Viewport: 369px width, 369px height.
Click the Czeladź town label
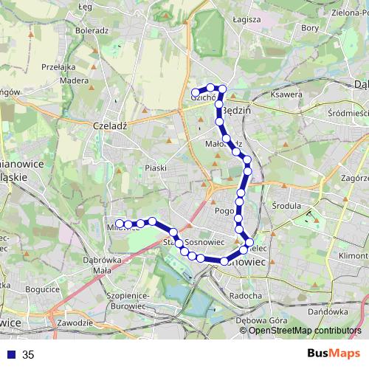point(111,125)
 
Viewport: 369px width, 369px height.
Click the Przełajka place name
point(60,66)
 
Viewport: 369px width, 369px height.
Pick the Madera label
point(75,80)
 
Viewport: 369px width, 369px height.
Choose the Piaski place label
point(156,168)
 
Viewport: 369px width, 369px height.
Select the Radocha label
point(246,296)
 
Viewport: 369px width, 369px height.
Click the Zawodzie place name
point(74,323)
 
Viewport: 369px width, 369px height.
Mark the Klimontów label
point(354,255)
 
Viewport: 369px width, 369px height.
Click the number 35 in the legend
point(28,355)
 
